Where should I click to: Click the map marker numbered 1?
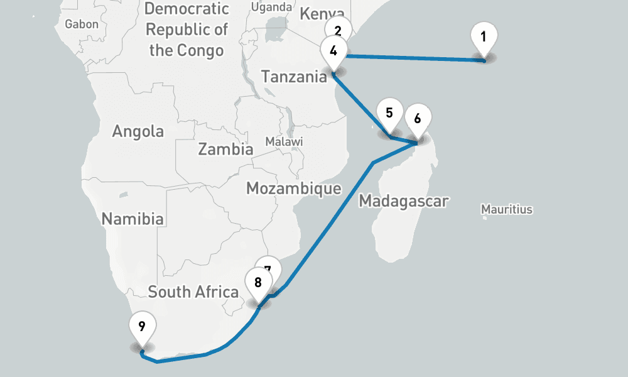[x=484, y=38]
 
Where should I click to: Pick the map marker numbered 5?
[x=389, y=114]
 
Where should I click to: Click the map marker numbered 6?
[x=418, y=117]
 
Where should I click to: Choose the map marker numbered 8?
[x=257, y=282]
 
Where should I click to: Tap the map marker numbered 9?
[x=142, y=327]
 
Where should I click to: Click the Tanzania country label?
[x=294, y=77]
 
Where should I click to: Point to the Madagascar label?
[x=403, y=201]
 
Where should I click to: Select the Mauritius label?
[x=506, y=209]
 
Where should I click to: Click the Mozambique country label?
[x=293, y=188]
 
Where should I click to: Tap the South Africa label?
[x=193, y=292]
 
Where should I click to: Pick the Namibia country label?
[x=133, y=219]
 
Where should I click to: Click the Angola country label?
[x=138, y=131]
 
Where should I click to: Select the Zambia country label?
[x=225, y=149]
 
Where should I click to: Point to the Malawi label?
[x=284, y=141]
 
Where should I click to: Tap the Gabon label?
[x=82, y=24]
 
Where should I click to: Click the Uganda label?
[x=271, y=7]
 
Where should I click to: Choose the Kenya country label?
[x=322, y=14]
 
